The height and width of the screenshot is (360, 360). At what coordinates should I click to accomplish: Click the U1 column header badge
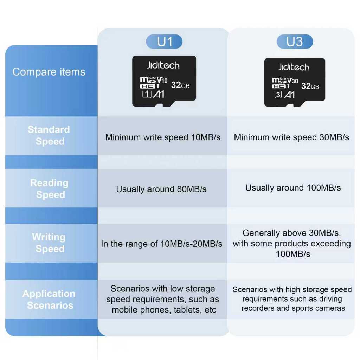pyautogui.click(x=164, y=42)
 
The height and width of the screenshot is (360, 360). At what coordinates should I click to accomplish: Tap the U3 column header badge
pyautogui.click(x=295, y=42)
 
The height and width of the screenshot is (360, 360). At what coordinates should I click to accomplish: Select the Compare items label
pyautogui.click(x=49, y=72)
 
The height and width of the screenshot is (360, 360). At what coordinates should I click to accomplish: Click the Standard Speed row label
pyautogui.click(x=49, y=135)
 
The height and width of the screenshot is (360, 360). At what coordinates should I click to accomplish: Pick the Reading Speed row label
pyautogui.click(x=50, y=189)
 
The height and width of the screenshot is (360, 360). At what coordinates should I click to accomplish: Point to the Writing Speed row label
pyautogui.click(x=49, y=243)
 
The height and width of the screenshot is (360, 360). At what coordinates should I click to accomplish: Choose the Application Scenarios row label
pyautogui.click(x=49, y=300)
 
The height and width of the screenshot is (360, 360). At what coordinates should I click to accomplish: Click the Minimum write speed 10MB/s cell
pyautogui.click(x=163, y=137)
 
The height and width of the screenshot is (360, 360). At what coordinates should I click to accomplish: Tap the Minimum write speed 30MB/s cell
pyautogui.click(x=291, y=137)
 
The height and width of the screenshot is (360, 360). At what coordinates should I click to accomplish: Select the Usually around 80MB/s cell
pyautogui.click(x=161, y=189)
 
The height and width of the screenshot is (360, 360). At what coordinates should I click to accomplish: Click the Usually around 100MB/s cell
pyautogui.click(x=293, y=188)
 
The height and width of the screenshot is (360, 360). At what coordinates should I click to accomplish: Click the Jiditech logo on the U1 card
pyautogui.click(x=163, y=65)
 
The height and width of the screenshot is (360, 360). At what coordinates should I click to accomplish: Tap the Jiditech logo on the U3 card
pyautogui.click(x=294, y=67)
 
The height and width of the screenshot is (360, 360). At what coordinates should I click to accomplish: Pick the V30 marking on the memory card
pyautogui.click(x=293, y=81)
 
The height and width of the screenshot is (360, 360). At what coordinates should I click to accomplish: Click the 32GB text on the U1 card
pyautogui.click(x=180, y=85)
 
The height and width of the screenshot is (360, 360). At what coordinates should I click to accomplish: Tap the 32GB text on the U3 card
pyautogui.click(x=310, y=86)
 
